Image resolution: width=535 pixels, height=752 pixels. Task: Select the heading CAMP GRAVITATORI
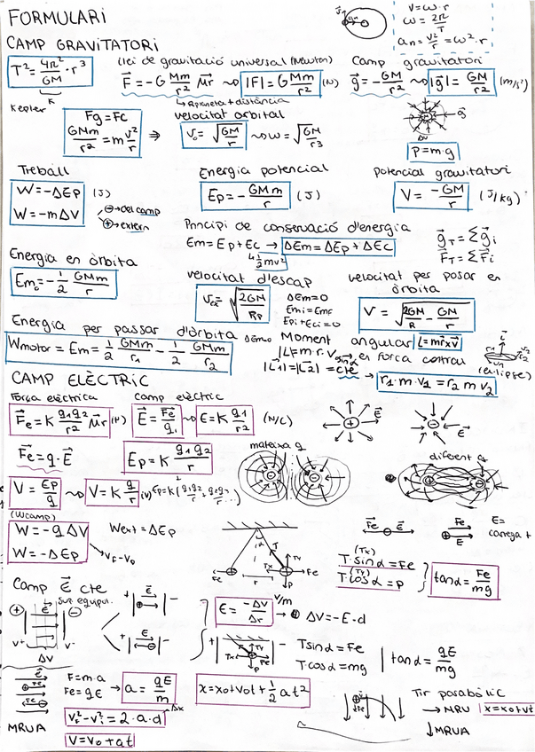click(83, 43)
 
